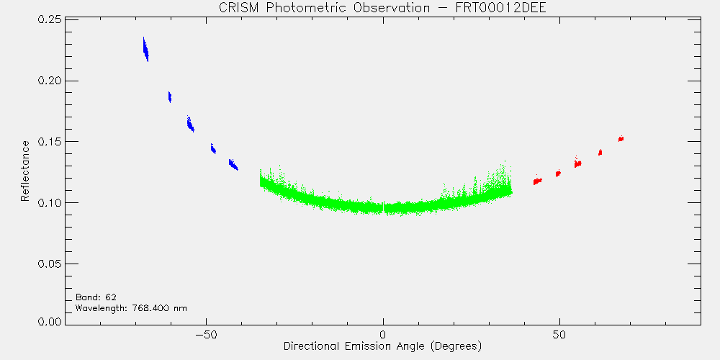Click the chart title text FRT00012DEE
tap(506, 8)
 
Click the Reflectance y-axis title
tap(24, 171)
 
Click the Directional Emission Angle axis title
tap(382, 346)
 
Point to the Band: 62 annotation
tap(93, 297)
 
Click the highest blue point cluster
tap(145, 49)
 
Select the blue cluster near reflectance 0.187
tap(169, 97)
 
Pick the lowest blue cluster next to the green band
tap(233, 164)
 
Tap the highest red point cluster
tap(621, 139)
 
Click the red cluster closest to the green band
tap(537, 181)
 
